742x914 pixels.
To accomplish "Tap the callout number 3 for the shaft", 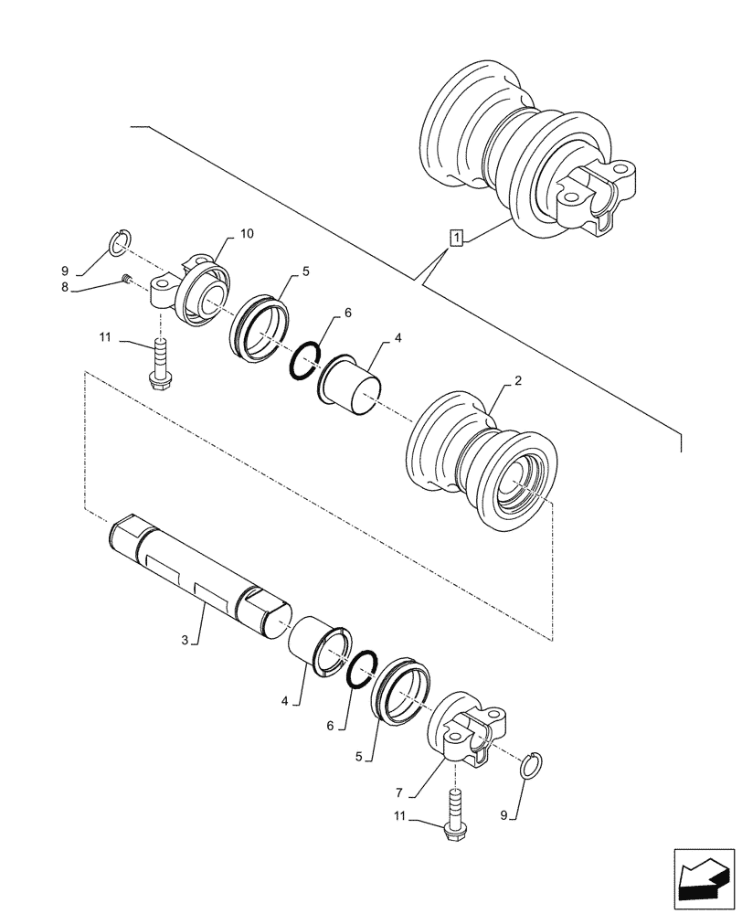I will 185,641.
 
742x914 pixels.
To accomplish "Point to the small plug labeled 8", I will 128,281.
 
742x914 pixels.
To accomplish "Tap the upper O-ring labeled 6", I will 304,361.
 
